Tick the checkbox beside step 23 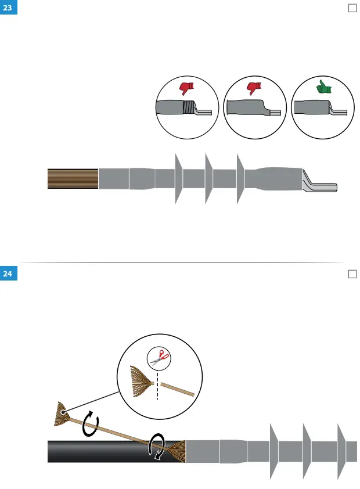click(351, 8)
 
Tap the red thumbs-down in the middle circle click(254, 88)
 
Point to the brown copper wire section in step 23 click(73, 179)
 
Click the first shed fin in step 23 click(178, 178)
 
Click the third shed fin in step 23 click(240, 178)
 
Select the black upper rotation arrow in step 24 click(90, 424)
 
